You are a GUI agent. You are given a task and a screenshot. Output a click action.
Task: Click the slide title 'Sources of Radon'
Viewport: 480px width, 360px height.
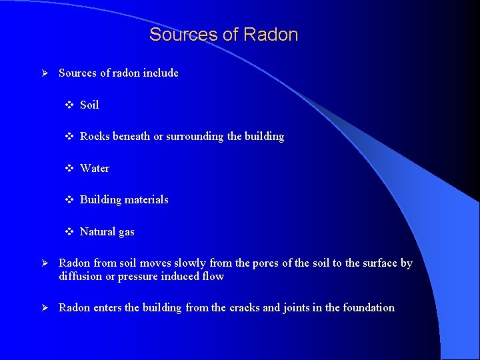click(223, 35)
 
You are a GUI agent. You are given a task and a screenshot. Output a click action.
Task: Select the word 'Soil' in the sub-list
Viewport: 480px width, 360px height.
click(89, 105)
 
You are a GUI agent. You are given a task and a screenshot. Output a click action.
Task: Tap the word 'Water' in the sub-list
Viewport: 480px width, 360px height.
click(95, 168)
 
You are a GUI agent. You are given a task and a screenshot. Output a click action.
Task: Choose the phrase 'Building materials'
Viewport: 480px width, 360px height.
click(124, 199)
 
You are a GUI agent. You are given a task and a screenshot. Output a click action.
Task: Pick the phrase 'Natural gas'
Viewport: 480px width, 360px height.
click(107, 231)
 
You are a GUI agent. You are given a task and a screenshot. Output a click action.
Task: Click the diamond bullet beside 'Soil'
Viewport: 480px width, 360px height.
click(69, 105)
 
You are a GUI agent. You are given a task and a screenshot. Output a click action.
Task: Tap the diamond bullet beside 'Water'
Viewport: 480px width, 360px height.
click(69, 168)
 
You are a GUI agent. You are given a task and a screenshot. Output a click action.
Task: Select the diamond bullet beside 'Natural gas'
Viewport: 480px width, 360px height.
click(69, 231)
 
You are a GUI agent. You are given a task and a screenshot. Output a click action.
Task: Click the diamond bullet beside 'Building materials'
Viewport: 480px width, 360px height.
click(69, 199)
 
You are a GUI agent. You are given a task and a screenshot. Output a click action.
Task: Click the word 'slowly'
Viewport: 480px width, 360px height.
click(189, 263)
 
